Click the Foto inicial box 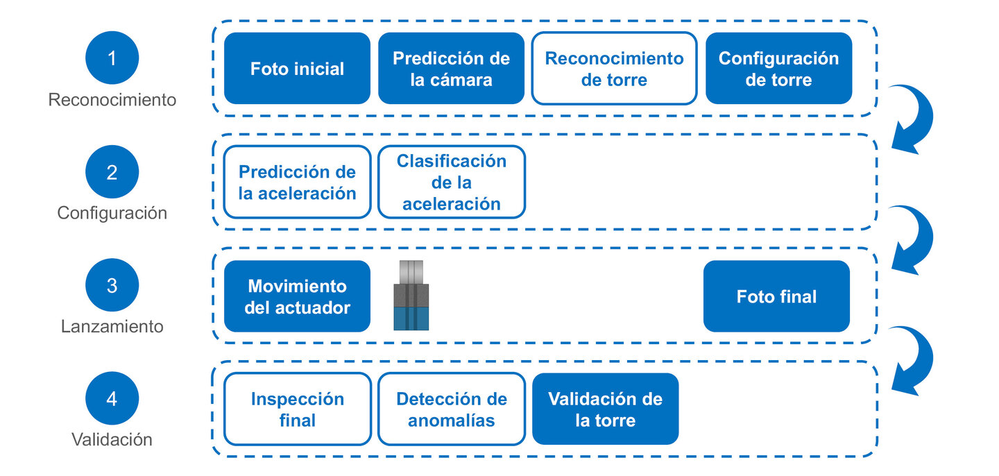297,69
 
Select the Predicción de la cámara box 451,69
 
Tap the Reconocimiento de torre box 614,69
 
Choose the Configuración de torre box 778,69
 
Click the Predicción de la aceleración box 297,182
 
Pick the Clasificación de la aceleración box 451,182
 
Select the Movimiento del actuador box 297,296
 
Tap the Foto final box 776,296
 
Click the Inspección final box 297,409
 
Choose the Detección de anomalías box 451,409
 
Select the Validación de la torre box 605,409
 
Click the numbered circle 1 112,58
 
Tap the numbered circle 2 112,172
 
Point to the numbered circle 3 112,286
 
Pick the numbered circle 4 112,399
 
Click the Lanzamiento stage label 112,326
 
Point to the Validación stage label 112,439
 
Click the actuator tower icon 411,296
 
